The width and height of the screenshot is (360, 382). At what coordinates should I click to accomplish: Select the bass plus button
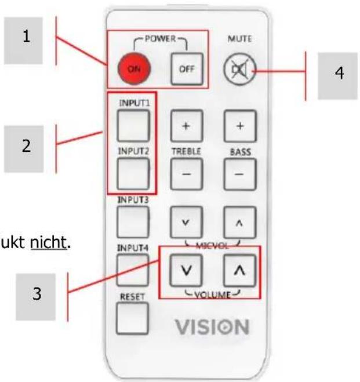click(x=239, y=125)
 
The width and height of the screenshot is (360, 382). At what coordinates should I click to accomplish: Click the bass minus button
click(x=239, y=173)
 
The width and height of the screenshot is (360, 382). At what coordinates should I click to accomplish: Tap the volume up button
click(x=239, y=270)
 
